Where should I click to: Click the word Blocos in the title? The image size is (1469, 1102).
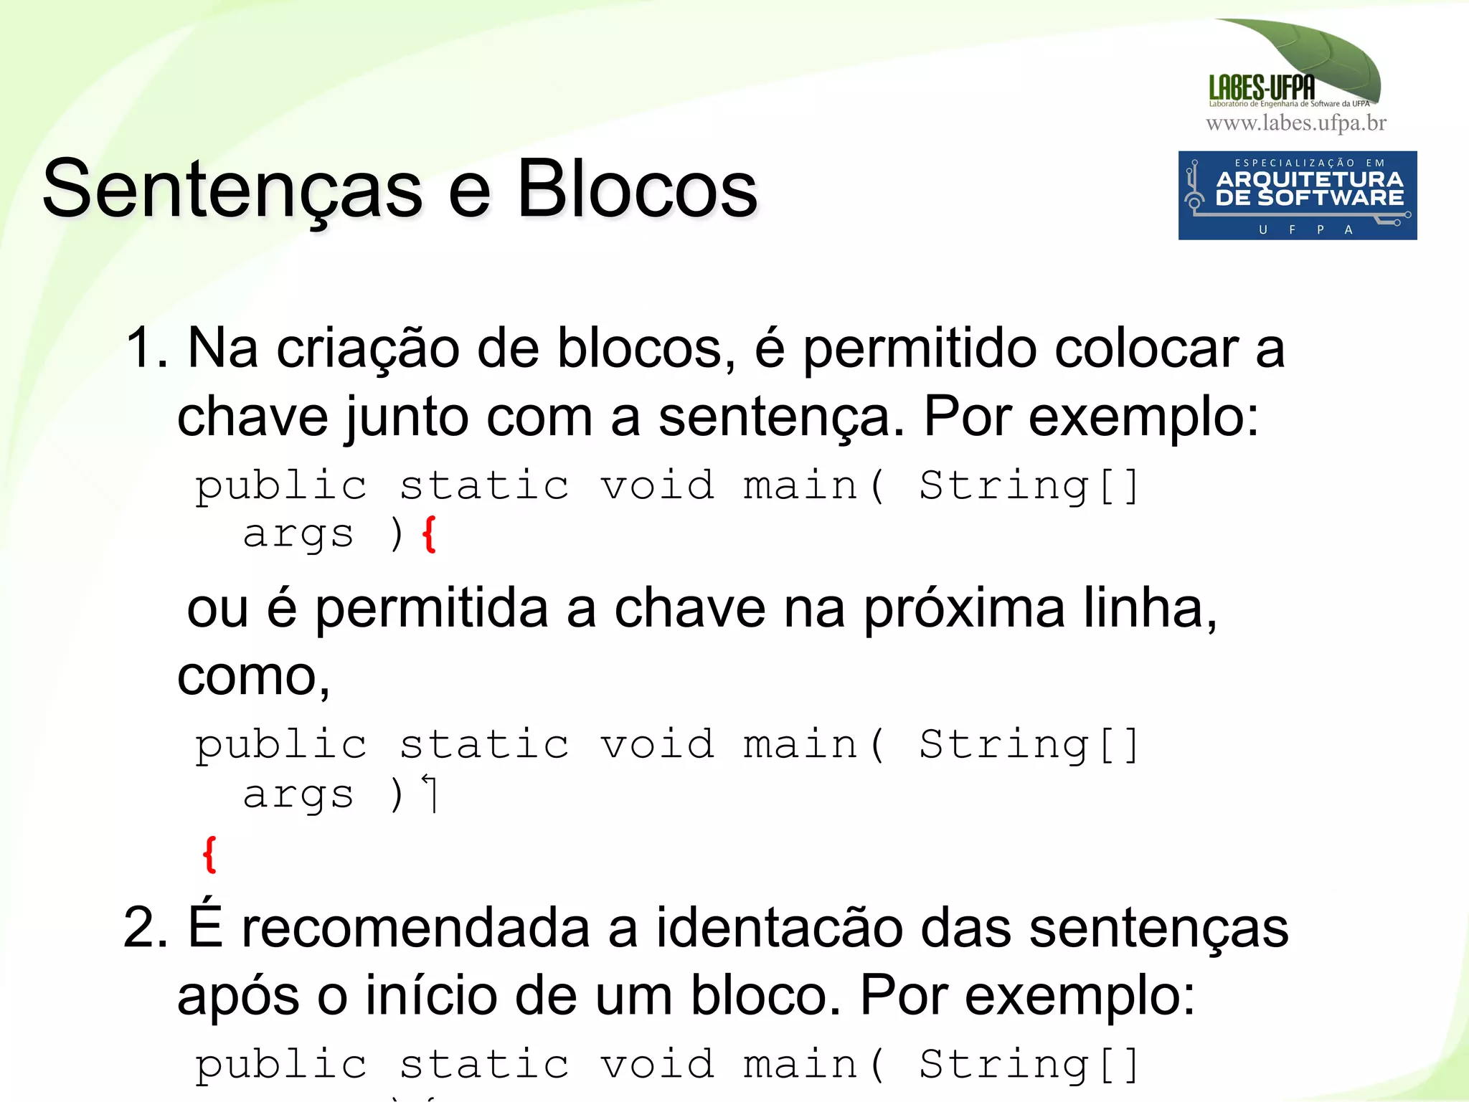pos(636,189)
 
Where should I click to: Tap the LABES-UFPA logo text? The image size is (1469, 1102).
pos(1262,88)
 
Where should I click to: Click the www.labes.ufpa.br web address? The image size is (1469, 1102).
pos(1296,123)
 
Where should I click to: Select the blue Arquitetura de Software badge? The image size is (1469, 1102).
pos(1297,195)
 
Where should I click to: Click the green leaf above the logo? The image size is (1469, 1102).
pos(1313,54)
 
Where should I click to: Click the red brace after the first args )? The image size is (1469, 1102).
pos(429,535)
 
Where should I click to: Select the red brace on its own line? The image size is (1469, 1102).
pos(209,854)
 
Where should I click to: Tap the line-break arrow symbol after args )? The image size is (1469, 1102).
pos(430,793)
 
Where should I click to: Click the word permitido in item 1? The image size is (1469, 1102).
pos(919,350)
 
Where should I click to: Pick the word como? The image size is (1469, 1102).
pos(253,676)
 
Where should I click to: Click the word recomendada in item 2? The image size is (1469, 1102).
pos(416,928)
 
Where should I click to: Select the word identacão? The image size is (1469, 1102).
pos(779,928)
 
